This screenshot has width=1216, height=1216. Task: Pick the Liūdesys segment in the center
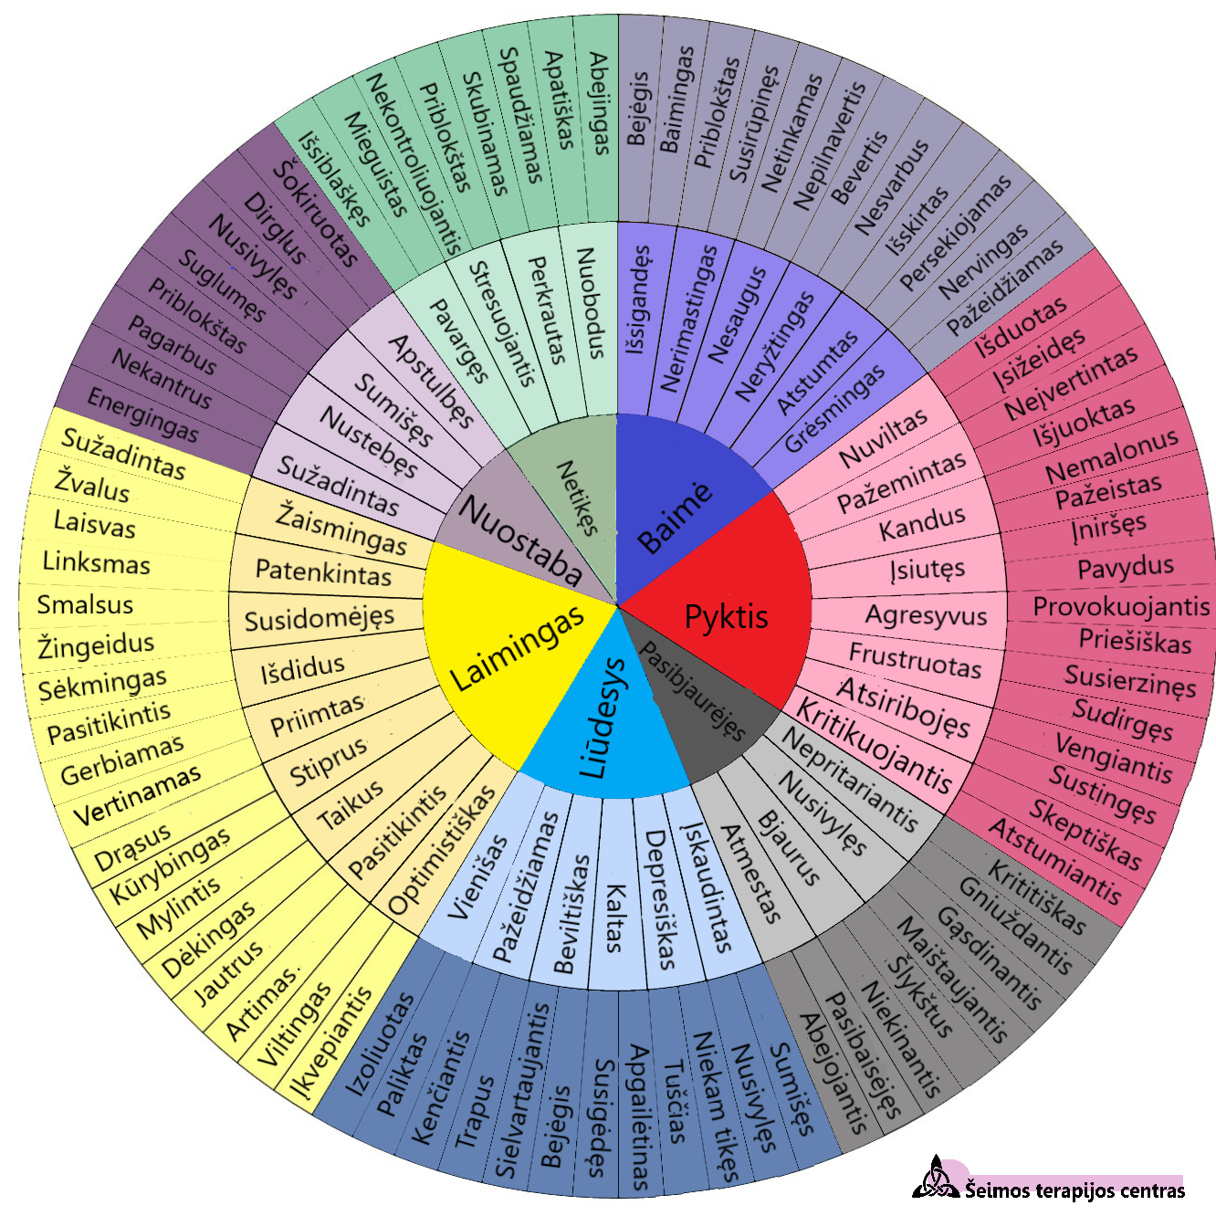tap(604, 721)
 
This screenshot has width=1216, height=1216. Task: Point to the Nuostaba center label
tap(520, 540)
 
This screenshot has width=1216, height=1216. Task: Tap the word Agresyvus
tap(926, 614)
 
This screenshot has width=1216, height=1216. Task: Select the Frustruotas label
tap(915, 661)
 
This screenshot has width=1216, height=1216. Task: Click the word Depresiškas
tap(659, 899)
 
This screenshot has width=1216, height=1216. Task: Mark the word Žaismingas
tap(341, 529)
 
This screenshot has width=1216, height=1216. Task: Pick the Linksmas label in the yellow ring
tap(96, 562)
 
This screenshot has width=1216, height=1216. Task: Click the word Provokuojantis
tap(1121, 605)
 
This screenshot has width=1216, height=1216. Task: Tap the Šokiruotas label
tap(315, 215)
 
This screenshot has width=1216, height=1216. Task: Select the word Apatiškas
tap(559, 100)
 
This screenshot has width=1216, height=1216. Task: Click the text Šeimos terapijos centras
tap(1074, 1190)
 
